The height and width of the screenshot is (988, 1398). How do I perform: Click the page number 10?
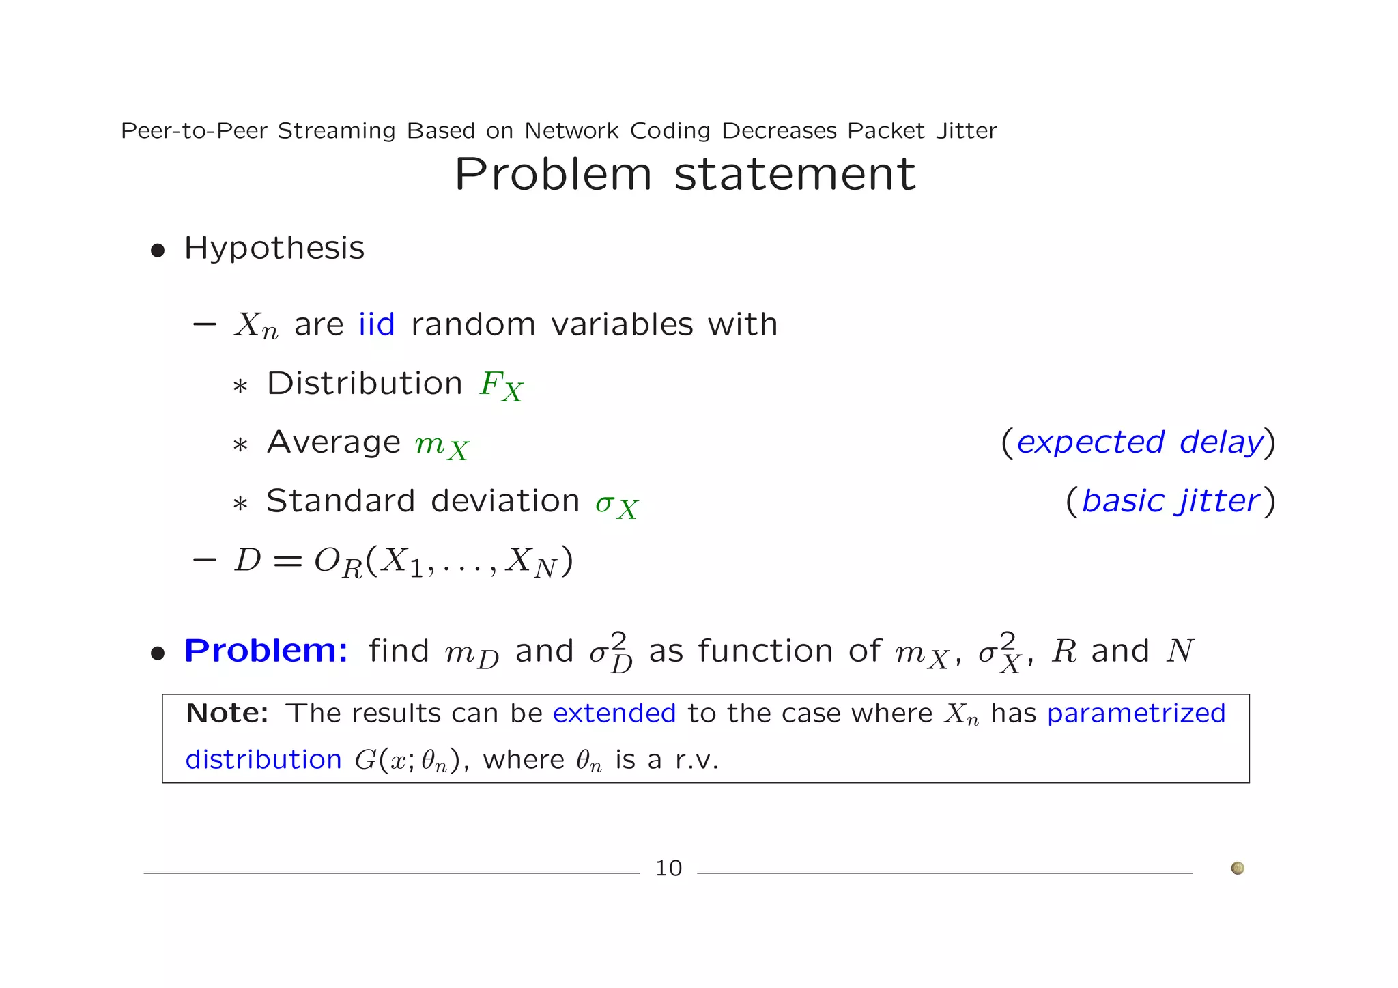coord(668,869)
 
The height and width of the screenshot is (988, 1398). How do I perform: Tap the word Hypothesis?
coord(274,248)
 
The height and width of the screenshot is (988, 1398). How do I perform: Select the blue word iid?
coord(377,324)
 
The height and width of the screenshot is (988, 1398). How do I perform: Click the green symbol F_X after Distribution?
coord(501,386)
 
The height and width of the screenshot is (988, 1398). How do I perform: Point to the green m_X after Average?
coord(442,446)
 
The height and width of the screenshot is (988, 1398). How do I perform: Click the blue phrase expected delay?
coord(1139,442)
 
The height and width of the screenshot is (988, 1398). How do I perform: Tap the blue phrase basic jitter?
coord(1171,501)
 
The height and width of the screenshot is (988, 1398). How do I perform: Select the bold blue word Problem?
coord(266,651)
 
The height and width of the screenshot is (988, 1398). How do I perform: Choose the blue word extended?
coord(614,714)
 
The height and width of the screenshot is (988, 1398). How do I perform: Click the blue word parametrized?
coord(1137,714)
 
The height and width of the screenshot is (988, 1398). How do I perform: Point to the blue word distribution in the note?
coord(263,760)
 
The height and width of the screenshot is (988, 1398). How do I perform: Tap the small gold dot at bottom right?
coord(1238,869)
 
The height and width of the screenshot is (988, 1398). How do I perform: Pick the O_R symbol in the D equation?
coord(338,563)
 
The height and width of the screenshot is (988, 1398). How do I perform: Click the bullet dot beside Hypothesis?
coord(158,251)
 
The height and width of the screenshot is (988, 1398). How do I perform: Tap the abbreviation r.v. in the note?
coord(697,760)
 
